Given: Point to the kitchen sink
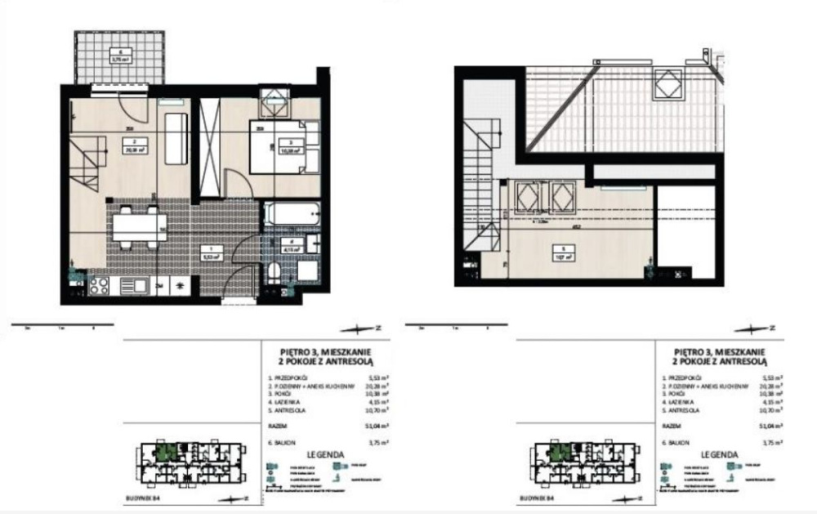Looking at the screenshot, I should [137, 285].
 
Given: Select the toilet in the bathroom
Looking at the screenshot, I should [276, 272].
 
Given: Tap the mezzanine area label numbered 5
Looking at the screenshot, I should [561, 252].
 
